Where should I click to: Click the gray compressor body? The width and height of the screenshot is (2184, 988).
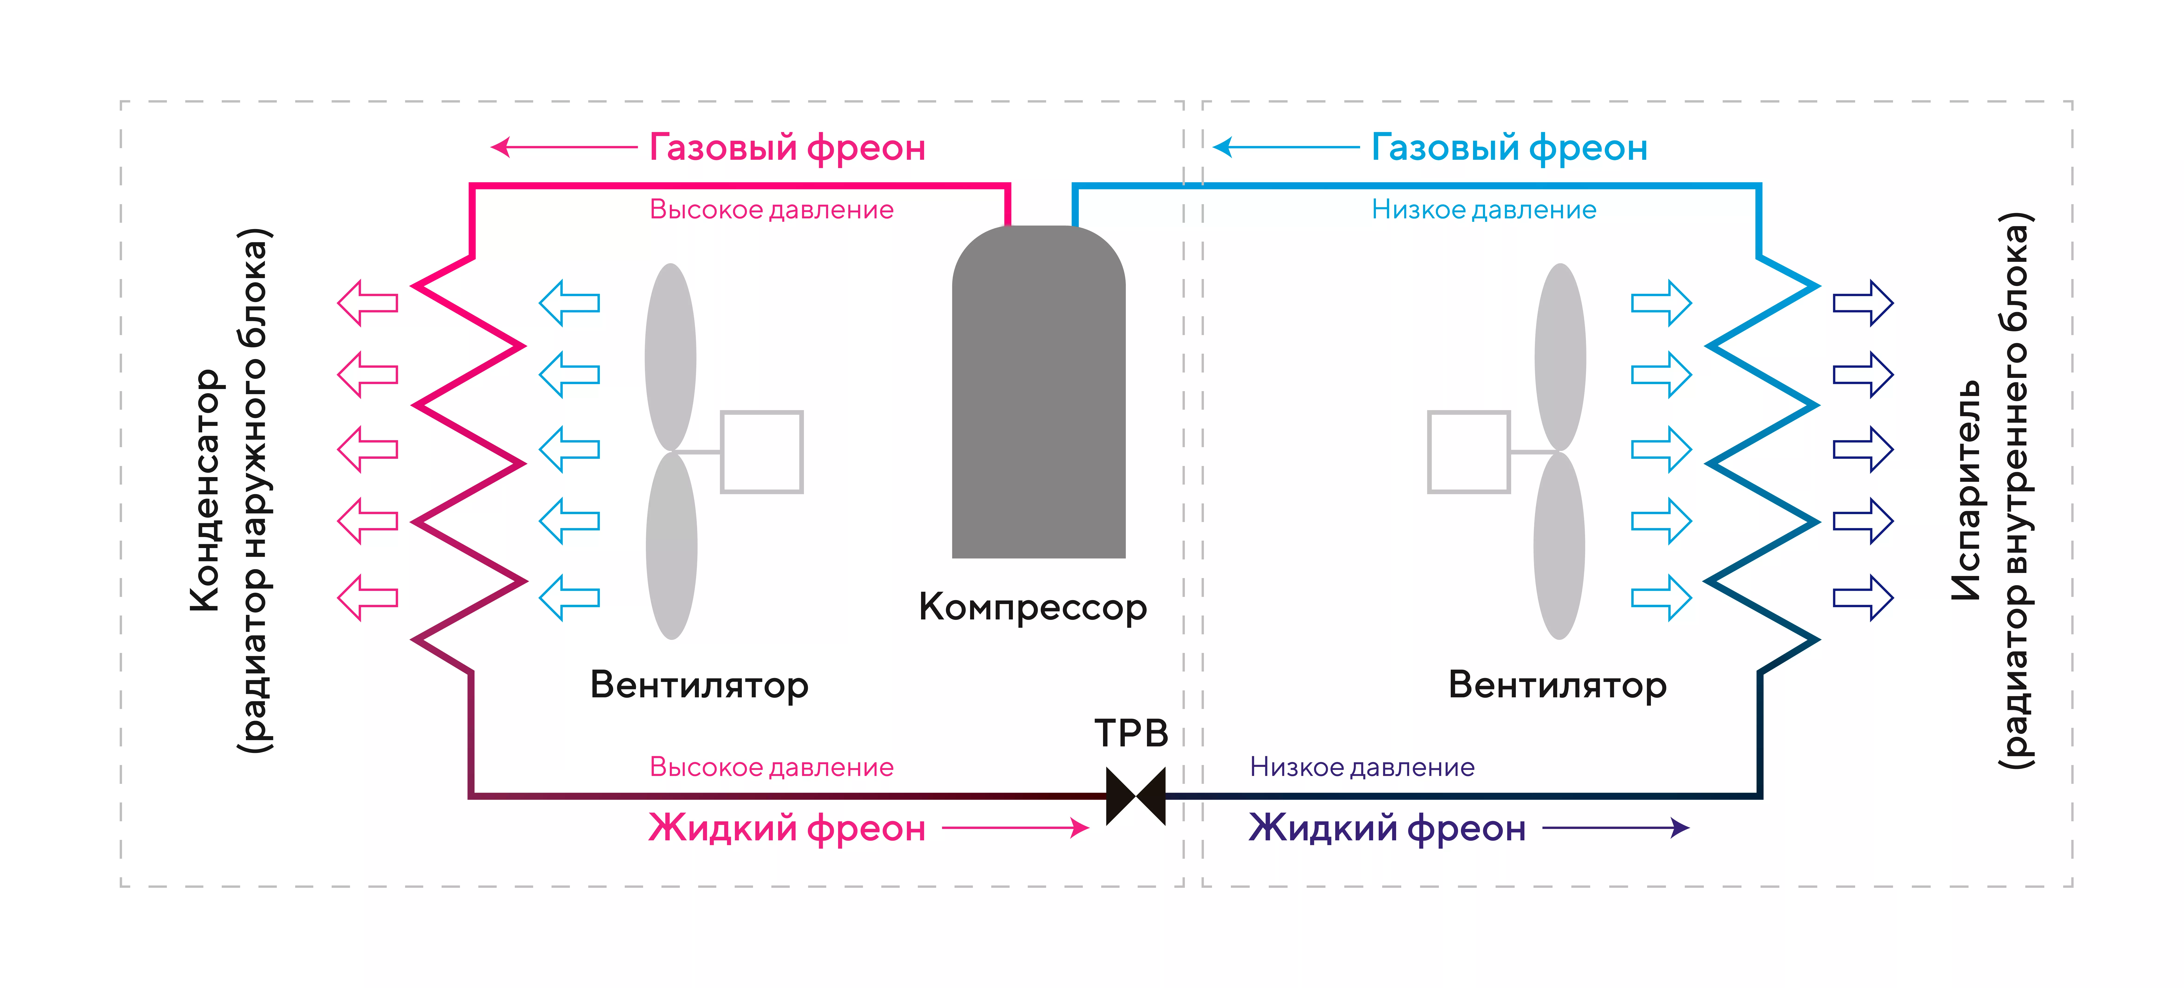pyautogui.click(x=1039, y=399)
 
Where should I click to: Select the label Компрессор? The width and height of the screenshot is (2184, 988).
pyautogui.click(x=1033, y=607)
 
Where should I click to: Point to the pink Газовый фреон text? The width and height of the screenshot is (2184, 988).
pyautogui.click(x=787, y=148)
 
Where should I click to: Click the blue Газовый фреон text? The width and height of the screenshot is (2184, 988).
pyautogui.click(x=1509, y=148)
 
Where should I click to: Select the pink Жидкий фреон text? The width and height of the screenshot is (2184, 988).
pyautogui.click(x=787, y=828)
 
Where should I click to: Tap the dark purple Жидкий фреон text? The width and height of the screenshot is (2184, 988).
pyautogui.click(x=1387, y=828)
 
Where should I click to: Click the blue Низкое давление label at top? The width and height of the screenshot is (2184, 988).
pyautogui.click(x=1484, y=210)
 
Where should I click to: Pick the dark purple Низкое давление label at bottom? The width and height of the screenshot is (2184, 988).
pyautogui.click(x=1362, y=767)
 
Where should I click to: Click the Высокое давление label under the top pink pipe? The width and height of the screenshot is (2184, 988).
pyautogui.click(x=772, y=210)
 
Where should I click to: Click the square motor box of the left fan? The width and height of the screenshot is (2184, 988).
pyautogui.click(x=761, y=452)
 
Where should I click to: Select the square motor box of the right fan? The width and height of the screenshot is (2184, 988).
pyautogui.click(x=1468, y=452)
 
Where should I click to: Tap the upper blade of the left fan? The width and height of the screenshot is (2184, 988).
pyautogui.click(x=671, y=356)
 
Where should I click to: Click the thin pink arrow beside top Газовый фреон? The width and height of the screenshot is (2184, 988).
pyautogui.click(x=564, y=148)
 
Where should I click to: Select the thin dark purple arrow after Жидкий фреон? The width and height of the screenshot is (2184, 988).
pyautogui.click(x=1615, y=828)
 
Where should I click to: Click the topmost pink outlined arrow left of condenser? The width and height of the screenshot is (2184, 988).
pyautogui.click(x=368, y=303)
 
